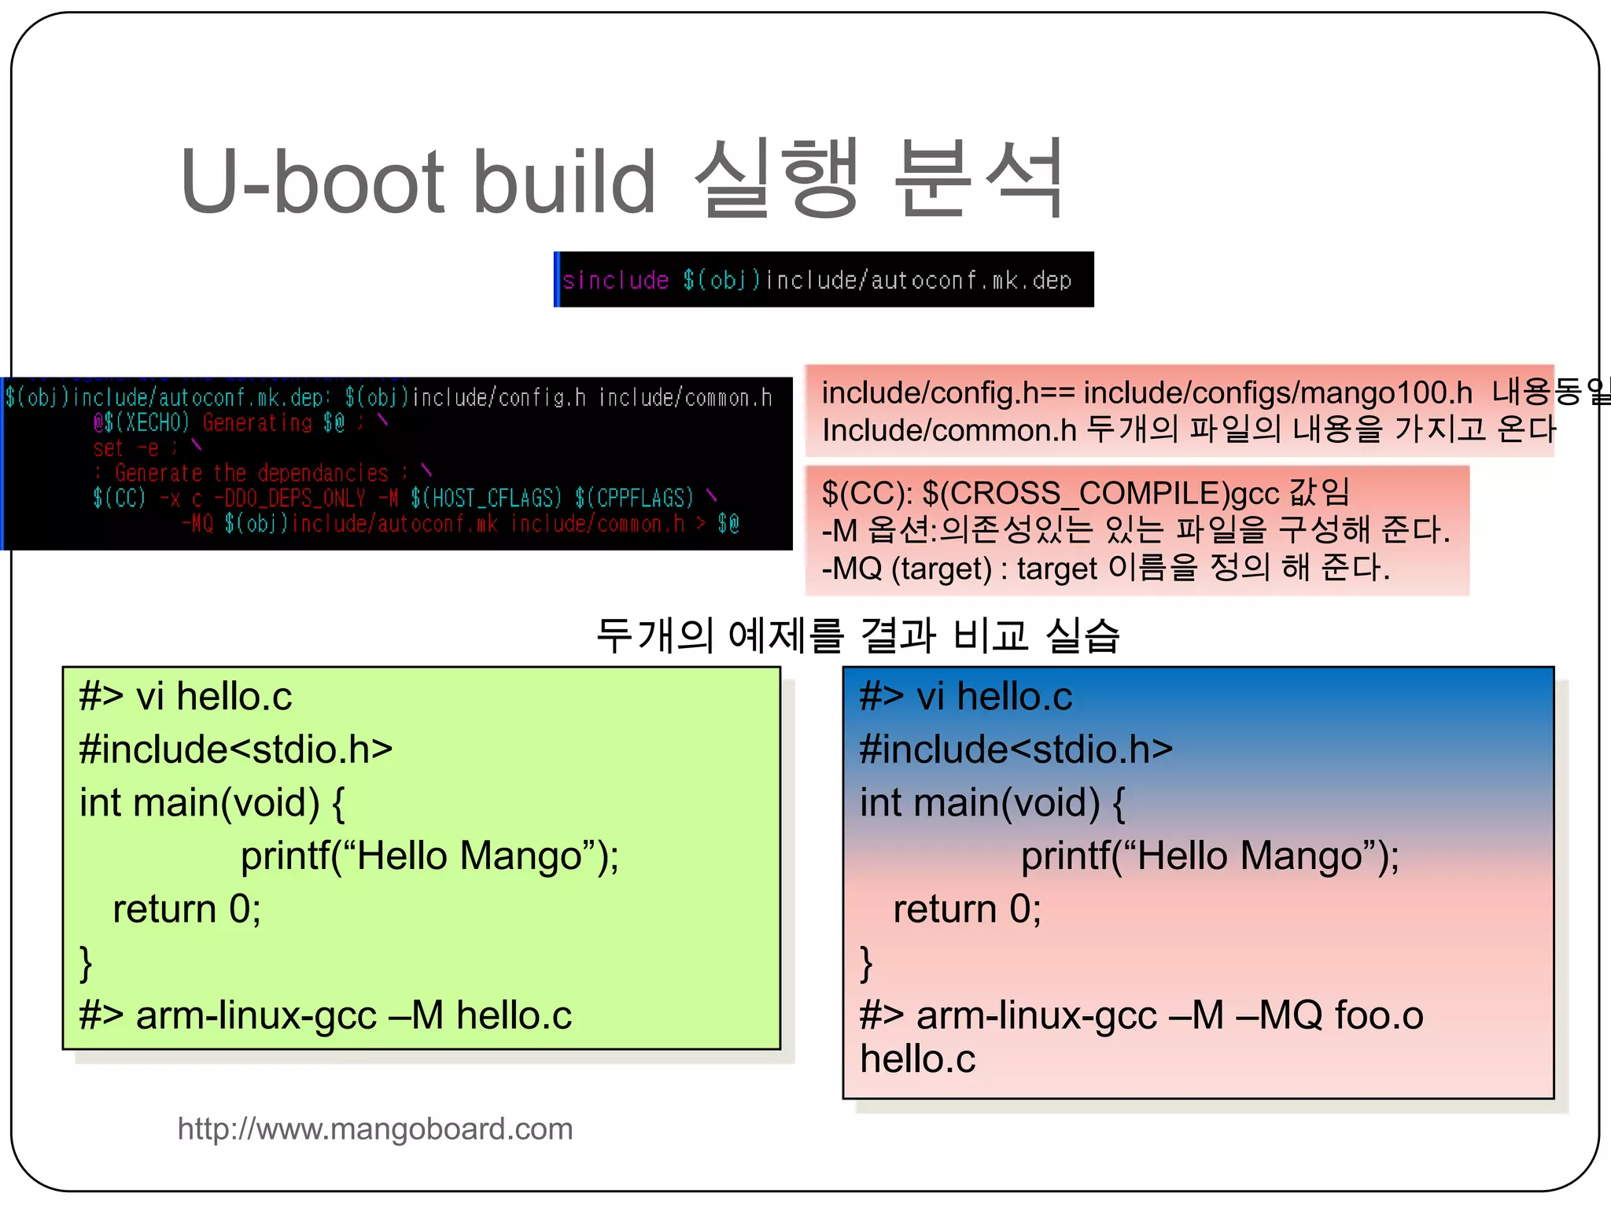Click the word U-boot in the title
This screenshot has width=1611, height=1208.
pyautogui.click(x=312, y=182)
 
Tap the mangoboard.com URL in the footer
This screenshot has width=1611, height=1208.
pyautogui.click(x=375, y=1129)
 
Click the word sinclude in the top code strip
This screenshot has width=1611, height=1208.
pyautogui.click(x=616, y=280)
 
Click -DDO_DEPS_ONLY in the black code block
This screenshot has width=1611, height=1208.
pyautogui.click(x=289, y=498)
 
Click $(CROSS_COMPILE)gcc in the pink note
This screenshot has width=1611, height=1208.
pyautogui.click(x=1100, y=493)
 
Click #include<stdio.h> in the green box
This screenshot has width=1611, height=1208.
pyautogui.click(x=235, y=749)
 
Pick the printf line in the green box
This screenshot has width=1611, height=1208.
pyautogui.click(x=429, y=856)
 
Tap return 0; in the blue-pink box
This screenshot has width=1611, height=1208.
pyautogui.click(x=966, y=909)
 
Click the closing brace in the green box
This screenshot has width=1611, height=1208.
pyautogui.click(x=86, y=963)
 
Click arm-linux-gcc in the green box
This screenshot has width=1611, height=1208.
pyautogui.click(x=256, y=1015)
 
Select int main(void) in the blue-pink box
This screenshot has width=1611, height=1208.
pyautogui.click(x=980, y=802)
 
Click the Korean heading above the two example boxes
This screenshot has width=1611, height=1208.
pyautogui.click(x=857, y=635)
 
